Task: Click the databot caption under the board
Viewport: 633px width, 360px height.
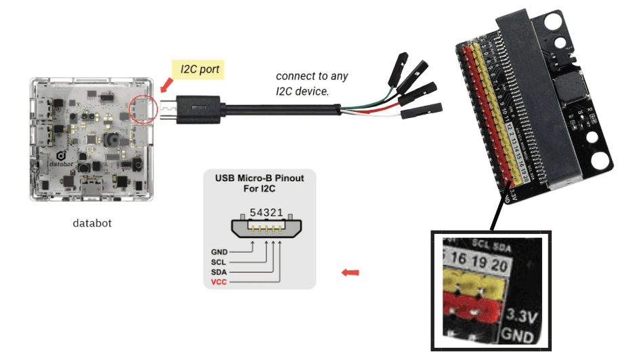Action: (x=92, y=222)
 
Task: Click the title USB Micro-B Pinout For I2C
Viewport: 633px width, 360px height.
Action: (x=260, y=184)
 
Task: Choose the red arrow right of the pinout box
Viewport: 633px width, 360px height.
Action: (x=350, y=273)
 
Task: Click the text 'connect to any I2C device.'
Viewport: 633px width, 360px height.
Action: (x=303, y=83)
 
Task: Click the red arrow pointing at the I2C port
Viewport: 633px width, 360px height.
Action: (x=165, y=85)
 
